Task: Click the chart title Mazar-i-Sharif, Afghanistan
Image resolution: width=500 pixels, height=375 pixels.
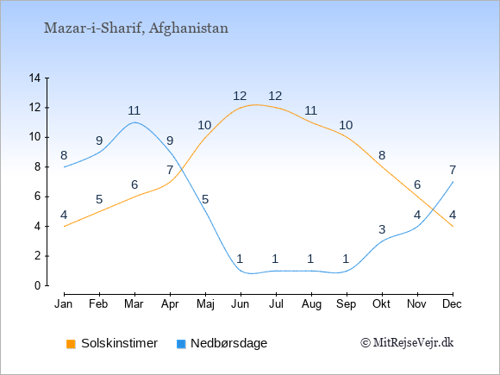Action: coord(136,28)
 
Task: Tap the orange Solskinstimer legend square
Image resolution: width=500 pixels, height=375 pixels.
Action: coord(71,344)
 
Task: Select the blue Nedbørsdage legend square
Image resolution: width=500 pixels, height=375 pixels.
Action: coord(181,344)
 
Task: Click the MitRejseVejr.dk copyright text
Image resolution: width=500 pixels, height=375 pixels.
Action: coord(407,343)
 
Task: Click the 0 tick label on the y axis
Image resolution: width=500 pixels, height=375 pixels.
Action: coord(38,285)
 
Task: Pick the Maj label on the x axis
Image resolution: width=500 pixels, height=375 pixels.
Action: coord(205,304)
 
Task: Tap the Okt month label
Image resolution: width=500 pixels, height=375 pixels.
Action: coord(381,304)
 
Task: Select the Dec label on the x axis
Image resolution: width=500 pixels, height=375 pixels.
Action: coord(452,304)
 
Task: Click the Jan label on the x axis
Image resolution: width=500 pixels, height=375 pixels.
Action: coord(64,304)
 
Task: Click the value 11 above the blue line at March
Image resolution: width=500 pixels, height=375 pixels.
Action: coord(134,110)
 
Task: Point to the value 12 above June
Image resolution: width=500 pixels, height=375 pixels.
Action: coord(240,96)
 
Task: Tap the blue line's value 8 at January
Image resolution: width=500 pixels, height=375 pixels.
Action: coord(64,156)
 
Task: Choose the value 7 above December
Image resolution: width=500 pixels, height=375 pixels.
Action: coord(453,171)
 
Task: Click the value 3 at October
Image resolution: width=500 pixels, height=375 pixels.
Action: coord(382,229)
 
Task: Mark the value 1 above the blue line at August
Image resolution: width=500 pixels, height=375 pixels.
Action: coord(310,259)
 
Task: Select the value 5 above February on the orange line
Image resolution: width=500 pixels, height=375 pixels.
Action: coord(99,200)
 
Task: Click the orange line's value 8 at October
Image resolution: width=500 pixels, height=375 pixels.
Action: coord(382,156)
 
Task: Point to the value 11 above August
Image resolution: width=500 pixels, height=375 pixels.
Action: coord(310,110)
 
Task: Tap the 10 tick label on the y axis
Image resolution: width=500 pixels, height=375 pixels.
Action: coord(34,137)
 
